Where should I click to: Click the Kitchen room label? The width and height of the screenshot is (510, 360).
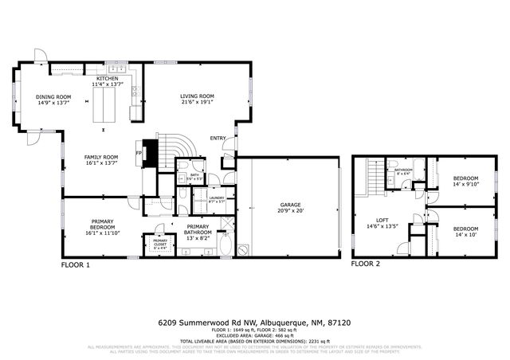point(107,79)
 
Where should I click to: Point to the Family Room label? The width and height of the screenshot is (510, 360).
point(101,157)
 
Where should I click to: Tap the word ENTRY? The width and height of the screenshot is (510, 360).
point(218,139)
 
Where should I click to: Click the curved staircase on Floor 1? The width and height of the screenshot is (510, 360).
point(177,148)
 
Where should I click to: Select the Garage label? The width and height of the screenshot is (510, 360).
point(289,205)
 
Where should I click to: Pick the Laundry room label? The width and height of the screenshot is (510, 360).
point(216,198)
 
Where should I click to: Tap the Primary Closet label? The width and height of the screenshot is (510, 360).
point(160,241)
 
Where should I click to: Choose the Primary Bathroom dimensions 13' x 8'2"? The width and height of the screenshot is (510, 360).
point(198,237)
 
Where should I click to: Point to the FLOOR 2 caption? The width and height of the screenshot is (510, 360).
point(366,264)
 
